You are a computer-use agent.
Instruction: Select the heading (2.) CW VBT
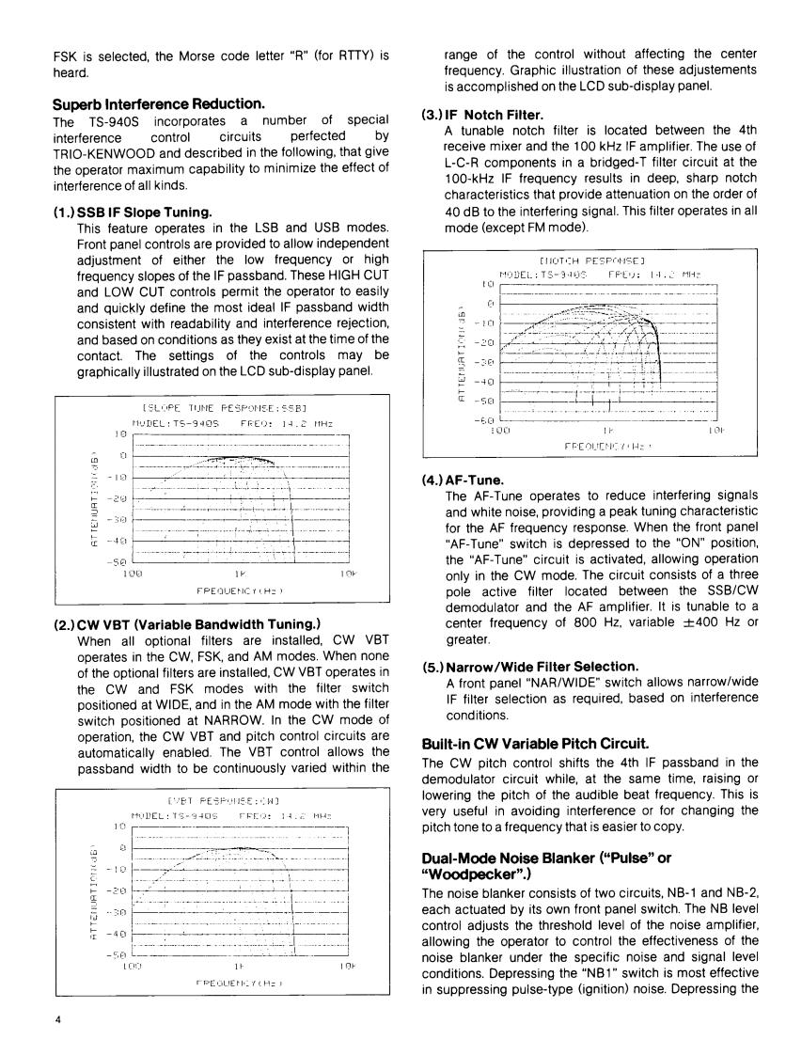click(187, 623)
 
